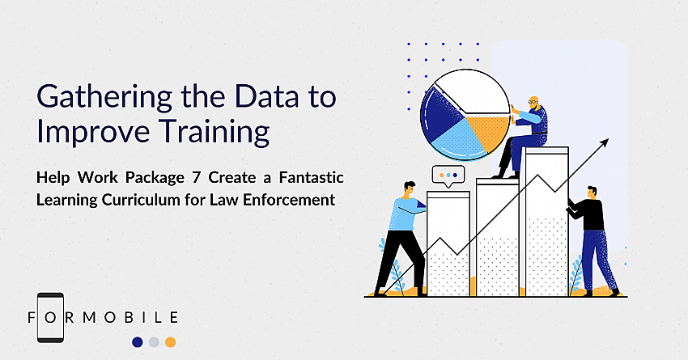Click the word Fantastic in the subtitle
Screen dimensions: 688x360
(x=311, y=178)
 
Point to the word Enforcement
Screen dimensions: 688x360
(x=289, y=200)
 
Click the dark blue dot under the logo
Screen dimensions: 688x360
(x=138, y=342)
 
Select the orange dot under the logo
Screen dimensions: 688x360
(x=170, y=342)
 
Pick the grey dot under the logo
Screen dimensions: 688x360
(x=154, y=342)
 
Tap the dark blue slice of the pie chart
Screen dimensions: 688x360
(x=439, y=114)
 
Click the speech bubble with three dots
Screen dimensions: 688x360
(x=448, y=176)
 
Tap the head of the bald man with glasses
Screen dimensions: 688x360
(x=533, y=104)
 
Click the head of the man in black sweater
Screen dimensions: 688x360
(x=592, y=193)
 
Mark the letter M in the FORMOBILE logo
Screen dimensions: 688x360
(x=90, y=317)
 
